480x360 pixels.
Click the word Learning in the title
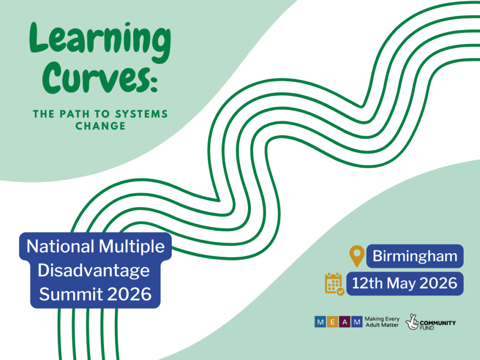pyautogui.click(x=100, y=42)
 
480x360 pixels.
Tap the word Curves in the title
pyautogui.click(x=95, y=77)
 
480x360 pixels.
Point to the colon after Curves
pyautogui.click(x=154, y=82)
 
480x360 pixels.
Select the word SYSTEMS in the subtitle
pyautogui.click(x=142, y=114)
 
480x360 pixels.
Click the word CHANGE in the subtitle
pyautogui.click(x=100, y=126)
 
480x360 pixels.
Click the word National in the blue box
pyautogui.click(x=60, y=246)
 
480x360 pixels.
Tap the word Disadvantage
pyautogui.click(x=94, y=270)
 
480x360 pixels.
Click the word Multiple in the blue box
pyautogui.click(x=132, y=247)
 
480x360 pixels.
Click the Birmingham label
pyautogui.click(x=415, y=256)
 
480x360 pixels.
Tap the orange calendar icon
pyautogui.click(x=335, y=284)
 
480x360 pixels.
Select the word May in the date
pyautogui.click(x=401, y=284)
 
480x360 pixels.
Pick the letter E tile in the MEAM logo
pyautogui.click(x=332, y=322)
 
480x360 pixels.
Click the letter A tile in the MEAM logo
pyautogui.click(x=345, y=322)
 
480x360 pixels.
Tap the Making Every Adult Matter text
pyautogui.click(x=382, y=322)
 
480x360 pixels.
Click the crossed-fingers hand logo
pyautogui.click(x=412, y=322)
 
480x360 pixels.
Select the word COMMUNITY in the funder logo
pyautogui.click(x=438, y=323)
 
